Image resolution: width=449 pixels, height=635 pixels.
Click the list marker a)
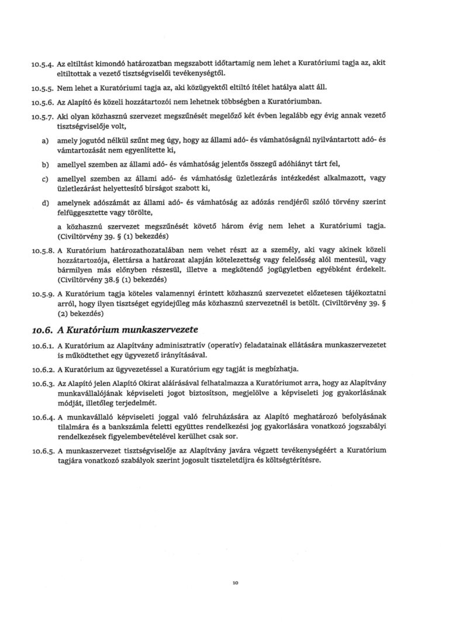[x=44, y=142]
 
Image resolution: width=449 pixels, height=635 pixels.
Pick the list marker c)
[x=44, y=179]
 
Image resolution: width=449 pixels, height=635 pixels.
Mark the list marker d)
[x=44, y=202]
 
